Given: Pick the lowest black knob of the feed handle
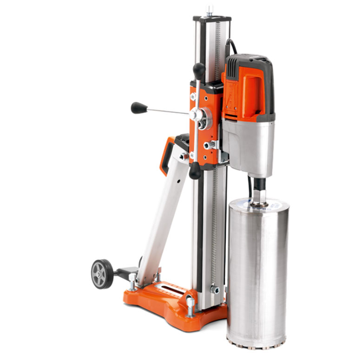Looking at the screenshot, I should [195, 170].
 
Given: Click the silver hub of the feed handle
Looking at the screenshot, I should [200, 115].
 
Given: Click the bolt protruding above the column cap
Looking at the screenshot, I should [210, 9].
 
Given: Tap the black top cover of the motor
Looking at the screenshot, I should [251, 63].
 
